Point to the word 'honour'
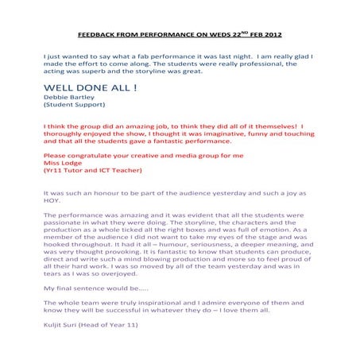point(104,193)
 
